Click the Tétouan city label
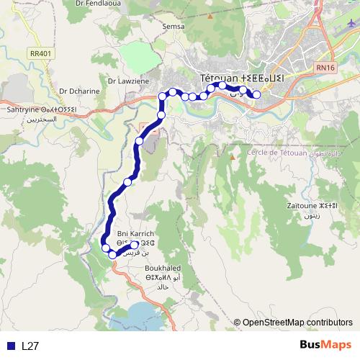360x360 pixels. (240, 78)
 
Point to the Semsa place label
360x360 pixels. (174, 26)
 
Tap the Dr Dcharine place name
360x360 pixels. (79, 91)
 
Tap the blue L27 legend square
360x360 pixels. (11, 346)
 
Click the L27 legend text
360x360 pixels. (30, 346)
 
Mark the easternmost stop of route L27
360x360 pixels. (256, 94)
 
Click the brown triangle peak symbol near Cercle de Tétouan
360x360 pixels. (232, 156)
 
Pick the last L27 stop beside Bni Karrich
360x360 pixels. (135, 245)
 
